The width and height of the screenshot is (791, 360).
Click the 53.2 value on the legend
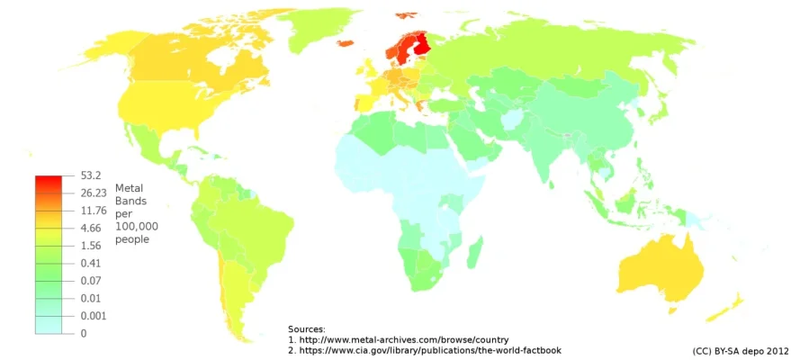(90, 175)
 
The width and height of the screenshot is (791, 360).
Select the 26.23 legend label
(93, 193)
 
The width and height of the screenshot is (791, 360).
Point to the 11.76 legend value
(93, 211)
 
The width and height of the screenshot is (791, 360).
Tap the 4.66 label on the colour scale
(90, 229)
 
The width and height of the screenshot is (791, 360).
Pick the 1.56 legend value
(90, 246)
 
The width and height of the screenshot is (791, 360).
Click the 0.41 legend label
(90, 264)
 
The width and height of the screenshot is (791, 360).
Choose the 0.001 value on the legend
(93, 316)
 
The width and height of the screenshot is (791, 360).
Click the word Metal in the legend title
(130, 187)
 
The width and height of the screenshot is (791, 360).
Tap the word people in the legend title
(132, 240)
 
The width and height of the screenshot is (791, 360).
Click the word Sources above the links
(306, 329)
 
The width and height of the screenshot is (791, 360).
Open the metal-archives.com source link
(404, 339)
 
